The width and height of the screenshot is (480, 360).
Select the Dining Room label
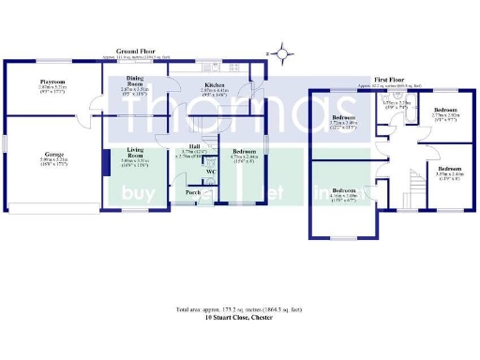pyautogui.click(x=135, y=81)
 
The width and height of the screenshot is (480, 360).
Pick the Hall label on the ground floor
pyautogui.click(x=194, y=146)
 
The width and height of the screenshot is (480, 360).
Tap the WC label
pyautogui.click(x=211, y=172)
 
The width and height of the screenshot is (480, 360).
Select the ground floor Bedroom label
pyautogui.click(x=244, y=151)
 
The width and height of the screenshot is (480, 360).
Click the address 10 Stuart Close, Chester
pyautogui.click(x=239, y=319)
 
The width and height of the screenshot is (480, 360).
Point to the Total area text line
pyautogui.click(x=239, y=310)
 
